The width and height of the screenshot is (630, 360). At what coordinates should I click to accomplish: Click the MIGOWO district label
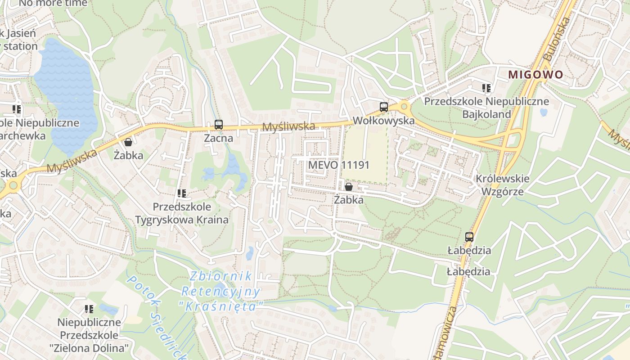[x=535, y=75]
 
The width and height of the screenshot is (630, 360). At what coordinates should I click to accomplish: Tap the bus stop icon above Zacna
[x=219, y=125]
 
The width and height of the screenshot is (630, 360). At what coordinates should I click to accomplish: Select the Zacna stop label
[x=219, y=138]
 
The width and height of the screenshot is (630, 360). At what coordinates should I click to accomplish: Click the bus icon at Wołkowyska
[x=384, y=107]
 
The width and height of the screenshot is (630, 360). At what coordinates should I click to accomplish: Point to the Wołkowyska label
[x=384, y=121]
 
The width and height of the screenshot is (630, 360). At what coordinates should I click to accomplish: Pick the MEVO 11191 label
[x=339, y=165]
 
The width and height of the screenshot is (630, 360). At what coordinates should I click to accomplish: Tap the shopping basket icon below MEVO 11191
[x=349, y=187]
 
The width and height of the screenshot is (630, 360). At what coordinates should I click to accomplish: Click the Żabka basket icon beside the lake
[x=128, y=142]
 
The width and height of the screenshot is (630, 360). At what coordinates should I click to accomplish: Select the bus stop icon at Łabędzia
[x=469, y=237]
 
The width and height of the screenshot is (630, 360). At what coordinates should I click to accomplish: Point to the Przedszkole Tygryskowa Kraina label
[x=182, y=213]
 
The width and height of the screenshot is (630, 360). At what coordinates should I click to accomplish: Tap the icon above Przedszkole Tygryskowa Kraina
[x=182, y=193]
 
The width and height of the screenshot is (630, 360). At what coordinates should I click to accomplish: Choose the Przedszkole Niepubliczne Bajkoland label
[x=486, y=108]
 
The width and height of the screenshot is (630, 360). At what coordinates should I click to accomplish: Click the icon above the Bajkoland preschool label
[x=486, y=88]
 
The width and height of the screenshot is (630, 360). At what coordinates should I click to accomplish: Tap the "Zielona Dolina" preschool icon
[x=89, y=309]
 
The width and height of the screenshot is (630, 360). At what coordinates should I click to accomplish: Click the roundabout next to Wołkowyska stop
[x=404, y=107]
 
